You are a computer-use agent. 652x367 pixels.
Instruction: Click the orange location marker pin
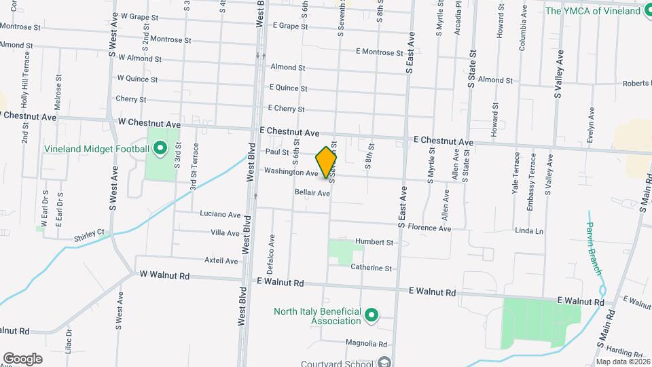click(327, 162)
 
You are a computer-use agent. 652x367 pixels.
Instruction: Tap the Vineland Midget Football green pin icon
click(160, 149)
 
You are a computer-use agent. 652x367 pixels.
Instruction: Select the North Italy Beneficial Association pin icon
click(371, 315)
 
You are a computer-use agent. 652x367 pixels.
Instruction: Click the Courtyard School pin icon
click(384, 362)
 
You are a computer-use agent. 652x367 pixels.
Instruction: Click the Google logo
click(22, 359)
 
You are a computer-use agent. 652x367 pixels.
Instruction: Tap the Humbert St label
click(375, 242)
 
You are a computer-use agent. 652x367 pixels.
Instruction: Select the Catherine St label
click(371, 268)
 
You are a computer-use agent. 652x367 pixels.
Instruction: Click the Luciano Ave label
click(220, 214)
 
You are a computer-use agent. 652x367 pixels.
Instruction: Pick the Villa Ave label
click(225, 233)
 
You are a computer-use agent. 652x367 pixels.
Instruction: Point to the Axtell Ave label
click(221, 260)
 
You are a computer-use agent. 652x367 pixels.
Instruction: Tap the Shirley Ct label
click(91, 232)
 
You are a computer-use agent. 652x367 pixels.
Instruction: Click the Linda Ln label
click(530, 231)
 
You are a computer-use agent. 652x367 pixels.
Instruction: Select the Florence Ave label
click(429, 228)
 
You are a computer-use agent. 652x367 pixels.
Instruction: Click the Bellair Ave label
click(312, 193)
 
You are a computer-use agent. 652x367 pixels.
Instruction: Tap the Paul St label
click(277, 152)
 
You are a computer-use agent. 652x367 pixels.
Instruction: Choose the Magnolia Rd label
click(365, 344)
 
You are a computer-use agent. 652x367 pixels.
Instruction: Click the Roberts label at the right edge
click(637, 84)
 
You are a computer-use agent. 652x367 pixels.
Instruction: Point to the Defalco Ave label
click(272, 250)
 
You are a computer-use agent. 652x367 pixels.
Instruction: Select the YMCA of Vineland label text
click(594, 11)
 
